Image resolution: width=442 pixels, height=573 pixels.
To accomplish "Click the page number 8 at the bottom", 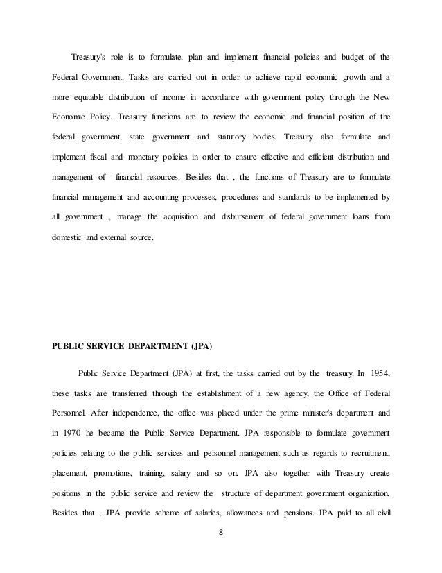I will point(221,554).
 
